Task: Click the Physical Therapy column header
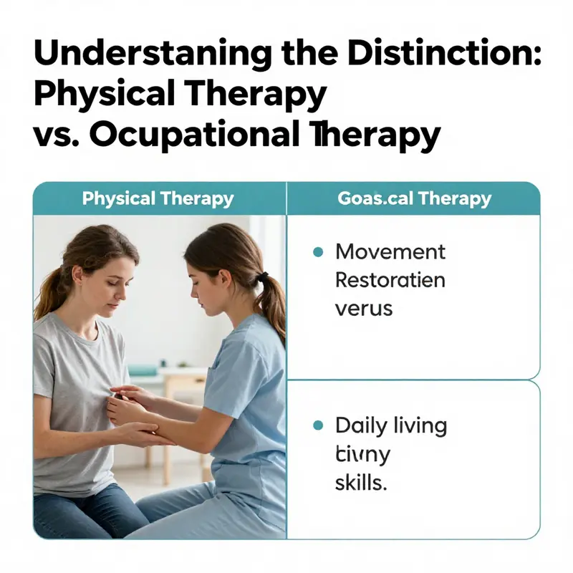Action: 158,198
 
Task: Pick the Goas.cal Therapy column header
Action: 414,198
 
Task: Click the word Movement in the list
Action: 390,252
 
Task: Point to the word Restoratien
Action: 390,279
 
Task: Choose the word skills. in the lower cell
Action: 361,483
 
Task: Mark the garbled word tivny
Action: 362,455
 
